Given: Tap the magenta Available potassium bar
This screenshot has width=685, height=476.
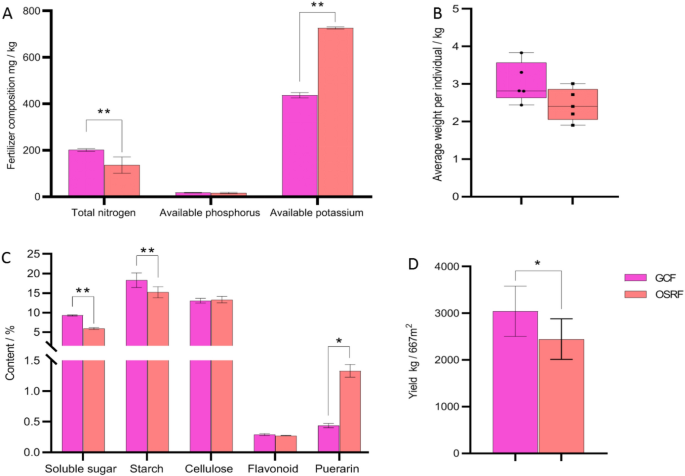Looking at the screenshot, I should coord(300,146).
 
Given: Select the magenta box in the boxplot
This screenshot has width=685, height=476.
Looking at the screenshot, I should coord(521,80).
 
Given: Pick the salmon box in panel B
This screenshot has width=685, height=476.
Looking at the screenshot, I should coord(573,104).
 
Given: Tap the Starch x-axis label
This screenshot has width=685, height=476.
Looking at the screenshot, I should coord(146,468).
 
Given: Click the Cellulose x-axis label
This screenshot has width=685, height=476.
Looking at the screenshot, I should coord(209,468).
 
